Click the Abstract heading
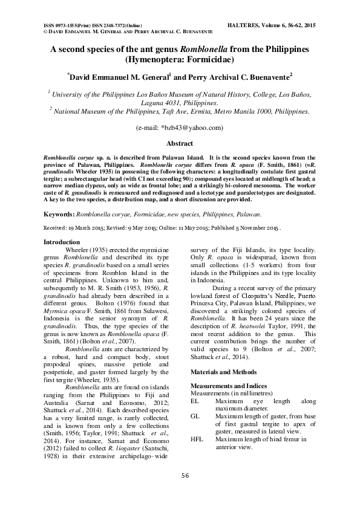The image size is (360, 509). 180,143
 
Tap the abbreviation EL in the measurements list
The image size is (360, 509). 195,401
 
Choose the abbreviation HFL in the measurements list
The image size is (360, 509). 197,439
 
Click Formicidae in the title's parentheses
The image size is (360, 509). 209,60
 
